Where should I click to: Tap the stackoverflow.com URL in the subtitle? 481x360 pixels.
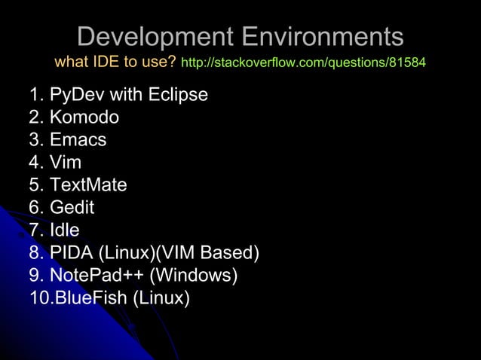coord(304,63)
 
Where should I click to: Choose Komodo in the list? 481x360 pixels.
coord(84,117)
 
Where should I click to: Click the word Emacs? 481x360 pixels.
coord(78,140)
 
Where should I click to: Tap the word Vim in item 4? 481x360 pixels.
coord(66,163)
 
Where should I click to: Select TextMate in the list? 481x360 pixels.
coord(88,185)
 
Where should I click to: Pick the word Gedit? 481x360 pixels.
coord(72,208)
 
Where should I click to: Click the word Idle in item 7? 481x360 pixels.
coord(64,230)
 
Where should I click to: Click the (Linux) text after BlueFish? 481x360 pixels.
coord(161,298)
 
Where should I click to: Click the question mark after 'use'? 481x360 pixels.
coord(172,62)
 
